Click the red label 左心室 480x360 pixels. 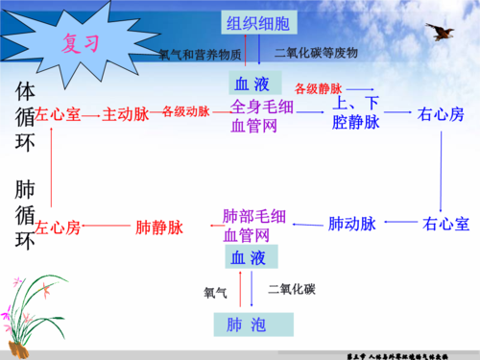57,113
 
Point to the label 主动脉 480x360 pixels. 125,113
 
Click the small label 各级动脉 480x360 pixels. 186,112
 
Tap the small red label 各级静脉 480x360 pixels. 318,89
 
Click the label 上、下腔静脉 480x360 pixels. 355,112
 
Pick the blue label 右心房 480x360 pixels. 442,113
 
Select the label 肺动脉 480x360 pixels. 351,225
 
